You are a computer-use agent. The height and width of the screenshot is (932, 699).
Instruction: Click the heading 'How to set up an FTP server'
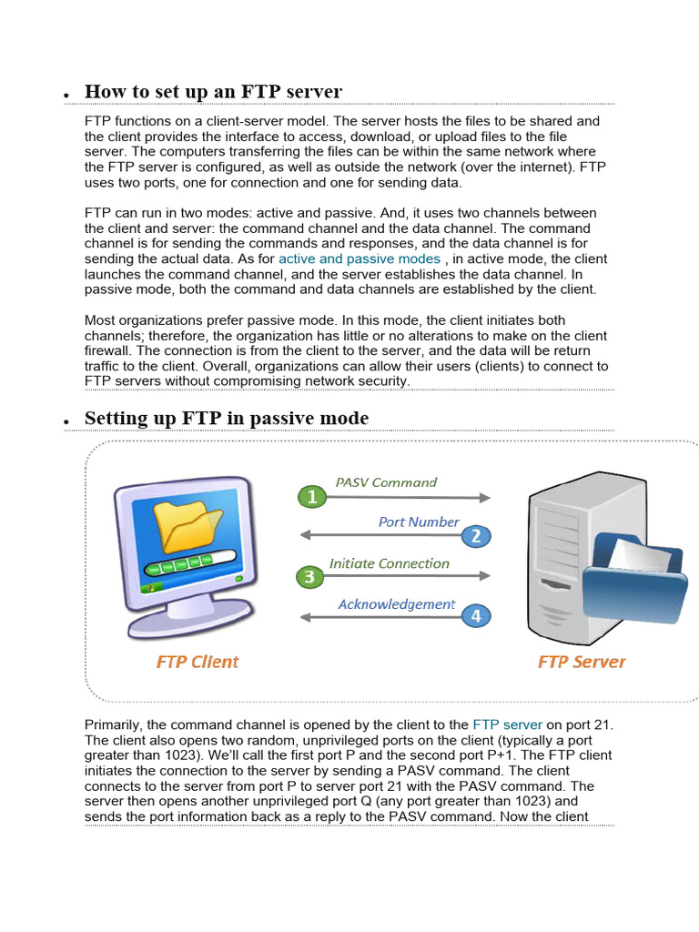coord(213,92)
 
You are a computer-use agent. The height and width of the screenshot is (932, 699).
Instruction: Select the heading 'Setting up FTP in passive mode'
coord(227,419)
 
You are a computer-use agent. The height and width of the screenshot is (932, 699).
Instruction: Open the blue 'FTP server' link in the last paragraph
coord(507,725)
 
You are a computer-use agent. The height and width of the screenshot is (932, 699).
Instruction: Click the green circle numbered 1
coord(312,497)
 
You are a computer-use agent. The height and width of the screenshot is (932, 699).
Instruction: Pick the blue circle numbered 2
coord(475,535)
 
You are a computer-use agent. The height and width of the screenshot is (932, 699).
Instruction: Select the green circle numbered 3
coord(309,576)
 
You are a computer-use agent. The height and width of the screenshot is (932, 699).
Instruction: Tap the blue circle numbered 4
coord(475,616)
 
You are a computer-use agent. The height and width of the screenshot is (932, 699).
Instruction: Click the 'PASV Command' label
coord(386,482)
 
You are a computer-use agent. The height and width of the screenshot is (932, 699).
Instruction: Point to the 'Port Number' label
coord(419,522)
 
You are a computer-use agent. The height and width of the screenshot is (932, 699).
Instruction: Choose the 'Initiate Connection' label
coord(389,563)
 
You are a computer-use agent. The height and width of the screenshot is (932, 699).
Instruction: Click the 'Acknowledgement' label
coord(396,604)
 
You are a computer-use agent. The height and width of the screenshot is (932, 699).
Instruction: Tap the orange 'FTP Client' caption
coord(198,662)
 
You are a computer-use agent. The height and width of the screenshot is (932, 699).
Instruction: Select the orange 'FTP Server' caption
coord(582,662)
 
